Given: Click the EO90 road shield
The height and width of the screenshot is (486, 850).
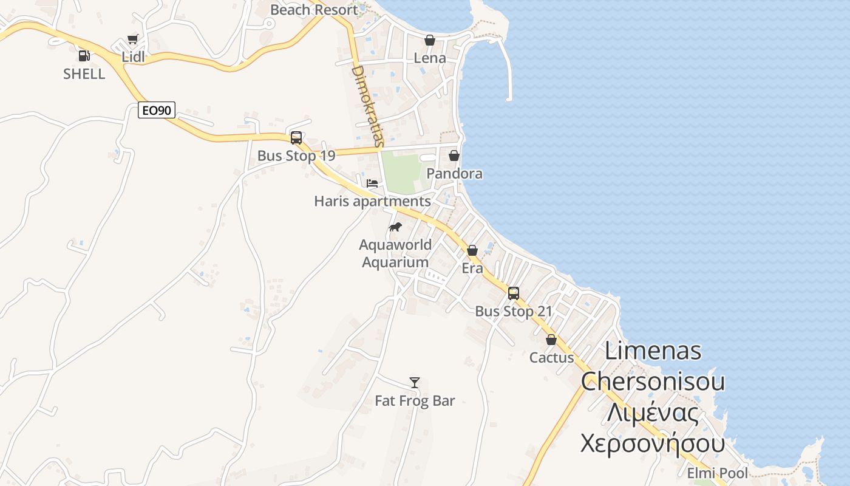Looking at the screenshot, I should [x=157, y=110].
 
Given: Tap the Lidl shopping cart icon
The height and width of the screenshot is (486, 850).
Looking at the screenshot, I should [x=132, y=39].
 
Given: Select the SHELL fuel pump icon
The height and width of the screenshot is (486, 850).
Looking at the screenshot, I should [x=84, y=55].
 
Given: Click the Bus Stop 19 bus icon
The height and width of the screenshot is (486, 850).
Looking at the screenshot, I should [x=296, y=138].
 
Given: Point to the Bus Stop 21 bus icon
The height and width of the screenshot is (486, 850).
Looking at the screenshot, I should [x=514, y=293].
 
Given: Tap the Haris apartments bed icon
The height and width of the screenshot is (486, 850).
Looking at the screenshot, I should [x=372, y=183].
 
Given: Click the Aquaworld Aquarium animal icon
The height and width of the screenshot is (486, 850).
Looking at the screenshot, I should [x=395, y=227].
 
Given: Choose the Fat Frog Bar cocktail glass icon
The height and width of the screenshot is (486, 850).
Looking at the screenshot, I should [x=415, y=382].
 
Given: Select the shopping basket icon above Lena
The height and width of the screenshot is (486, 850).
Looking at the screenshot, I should [x=430, y=40].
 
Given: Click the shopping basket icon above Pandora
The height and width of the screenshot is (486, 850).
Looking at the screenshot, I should [x=454, y=156].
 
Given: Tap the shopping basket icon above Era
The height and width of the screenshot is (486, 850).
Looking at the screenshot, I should [x=472, y=250].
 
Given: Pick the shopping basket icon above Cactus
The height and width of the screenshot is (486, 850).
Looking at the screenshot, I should [x=551, y=340].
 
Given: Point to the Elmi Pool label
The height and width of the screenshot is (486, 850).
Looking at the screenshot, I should [x=717, y=473].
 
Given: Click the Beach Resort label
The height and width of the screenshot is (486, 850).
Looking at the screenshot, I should [x=314, y=10].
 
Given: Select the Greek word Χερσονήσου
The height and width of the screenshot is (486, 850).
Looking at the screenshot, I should [x=653, y=443].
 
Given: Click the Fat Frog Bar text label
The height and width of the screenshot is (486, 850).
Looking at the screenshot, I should [x=415, y=401].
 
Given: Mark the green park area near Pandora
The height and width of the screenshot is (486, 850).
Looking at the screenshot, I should [x=401, y=173].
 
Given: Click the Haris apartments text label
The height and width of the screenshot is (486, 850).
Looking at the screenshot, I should [x=372, y=201].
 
